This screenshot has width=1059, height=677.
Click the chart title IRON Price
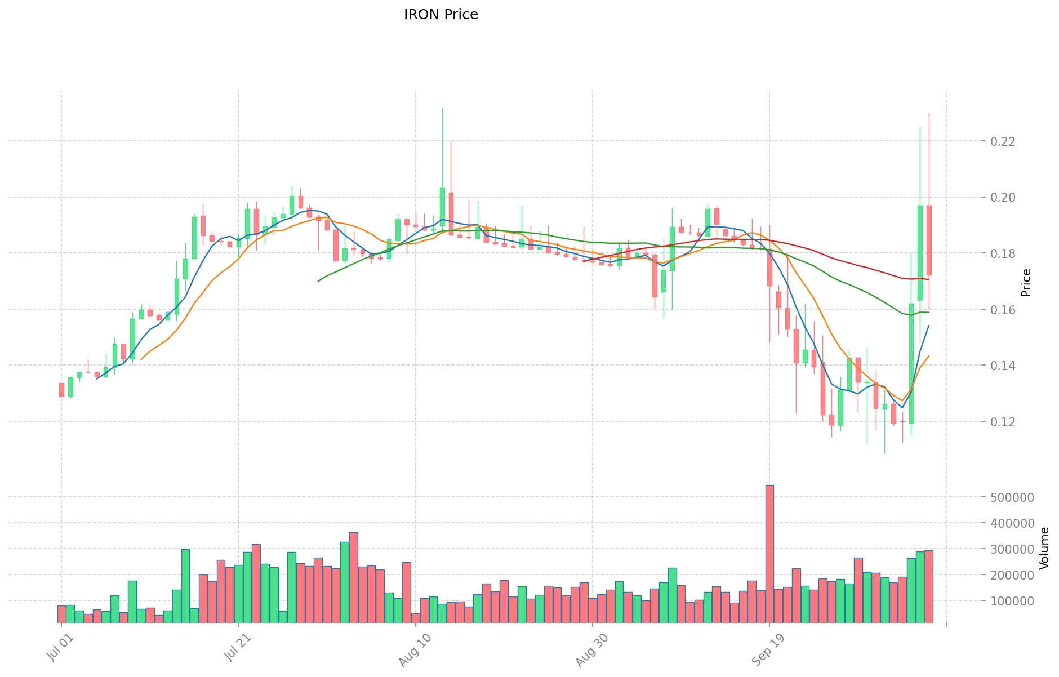pos(440,15)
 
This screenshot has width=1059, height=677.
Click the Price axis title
pos(1026,283)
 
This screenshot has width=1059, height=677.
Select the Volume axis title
pos(1044,548)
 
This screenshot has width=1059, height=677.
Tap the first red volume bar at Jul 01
pos(61,614)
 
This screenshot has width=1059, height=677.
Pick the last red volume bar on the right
pos(928,586)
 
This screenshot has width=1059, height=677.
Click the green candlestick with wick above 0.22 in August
pos(442,207)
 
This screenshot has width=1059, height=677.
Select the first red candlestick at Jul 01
pos(61,390)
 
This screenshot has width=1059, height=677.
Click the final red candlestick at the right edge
pos(929,240)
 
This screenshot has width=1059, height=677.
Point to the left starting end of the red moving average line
pos(584,261)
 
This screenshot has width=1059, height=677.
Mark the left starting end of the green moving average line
pos(318,281)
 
